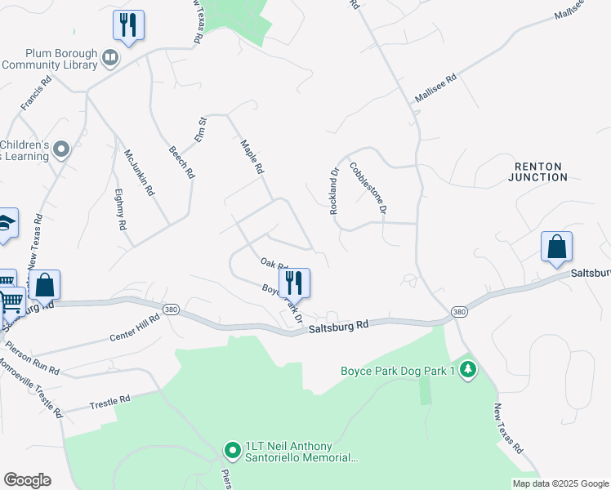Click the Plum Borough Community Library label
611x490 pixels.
pyautogui.click(x=51, y=59)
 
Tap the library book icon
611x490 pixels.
pyautogui.click(x=110, y=58)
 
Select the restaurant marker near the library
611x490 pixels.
pyautogui.click(x=128, y=24)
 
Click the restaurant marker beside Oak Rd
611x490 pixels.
pyautogui.click(x=294, y=283)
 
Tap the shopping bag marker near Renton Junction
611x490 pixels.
pyautogui.click(x=556, y=247)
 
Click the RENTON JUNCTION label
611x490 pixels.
pyautogui.click(x=538, y=171)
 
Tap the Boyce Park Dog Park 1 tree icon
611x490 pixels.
pyautogui.click(x=467, y=371)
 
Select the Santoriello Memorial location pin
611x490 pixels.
pyautogui.click(x=232, y=450)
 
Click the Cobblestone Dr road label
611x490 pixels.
pyautogui.click(x=368, y=189)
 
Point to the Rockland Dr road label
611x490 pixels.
pyautogui.click(x=334, y=192)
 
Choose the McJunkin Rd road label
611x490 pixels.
pyautogui.click(x=139, y=171)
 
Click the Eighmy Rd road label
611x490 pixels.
pyautogui.click(x=120, y=208)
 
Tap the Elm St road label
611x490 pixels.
pyautogui.click(x=202, y=131)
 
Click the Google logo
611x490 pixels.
pyautogui.click(x=27, y=480)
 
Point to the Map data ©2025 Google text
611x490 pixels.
pyautogui.click(x=560, y=483)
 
